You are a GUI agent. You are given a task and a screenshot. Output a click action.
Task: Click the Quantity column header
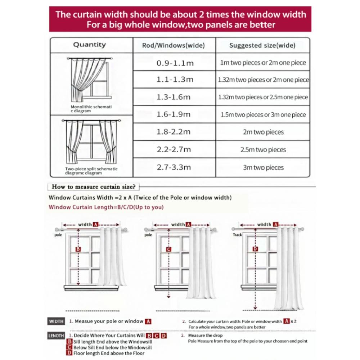(x=90, y=45)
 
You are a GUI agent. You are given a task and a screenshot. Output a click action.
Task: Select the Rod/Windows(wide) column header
(x=174, y=45)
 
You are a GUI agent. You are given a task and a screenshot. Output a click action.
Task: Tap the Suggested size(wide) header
(x=262, y=45)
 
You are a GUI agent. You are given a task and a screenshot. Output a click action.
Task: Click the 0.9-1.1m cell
(x=175, y=63)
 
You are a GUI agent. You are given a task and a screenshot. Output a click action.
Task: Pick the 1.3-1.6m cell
(x=174, y=97)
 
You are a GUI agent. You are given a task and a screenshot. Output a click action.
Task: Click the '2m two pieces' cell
(x=263, y=132)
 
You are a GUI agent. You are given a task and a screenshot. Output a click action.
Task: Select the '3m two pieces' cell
(x=263, y=167)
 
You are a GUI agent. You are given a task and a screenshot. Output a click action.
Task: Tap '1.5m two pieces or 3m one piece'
(x=263, y=115)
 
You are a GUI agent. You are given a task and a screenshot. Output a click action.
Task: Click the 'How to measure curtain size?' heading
(x=94, y=186)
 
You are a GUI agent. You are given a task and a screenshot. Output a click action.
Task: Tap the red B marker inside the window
(x=78, y=249)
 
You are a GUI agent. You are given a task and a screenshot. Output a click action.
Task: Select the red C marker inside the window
(x=168, y=249)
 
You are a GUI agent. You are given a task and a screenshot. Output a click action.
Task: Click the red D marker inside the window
(x=255, y=249)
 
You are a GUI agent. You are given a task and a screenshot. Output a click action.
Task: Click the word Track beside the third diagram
(x=237, y=235)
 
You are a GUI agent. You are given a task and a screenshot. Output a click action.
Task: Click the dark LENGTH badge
(x=56, y=336)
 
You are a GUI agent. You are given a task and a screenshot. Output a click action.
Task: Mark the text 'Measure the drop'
(x=205, y=336)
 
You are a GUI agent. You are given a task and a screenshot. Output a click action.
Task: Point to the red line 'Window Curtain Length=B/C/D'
(x=106, y=207)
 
